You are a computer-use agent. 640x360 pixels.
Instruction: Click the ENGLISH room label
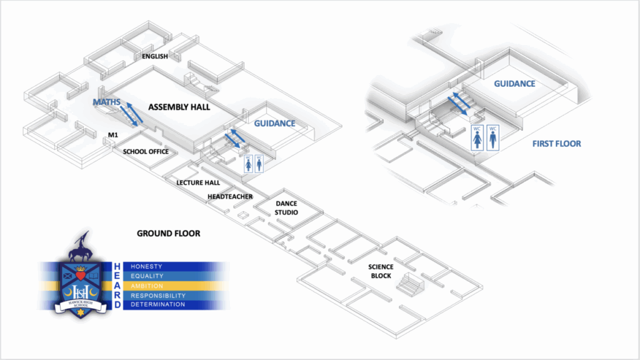point(155,57)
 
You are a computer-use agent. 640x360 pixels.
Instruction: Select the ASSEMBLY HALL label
point(179,107)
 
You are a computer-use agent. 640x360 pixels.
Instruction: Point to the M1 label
point(113,135)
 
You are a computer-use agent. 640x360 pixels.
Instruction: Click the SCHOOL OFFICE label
point(146,151)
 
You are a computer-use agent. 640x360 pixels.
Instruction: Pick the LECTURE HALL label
point(198,182)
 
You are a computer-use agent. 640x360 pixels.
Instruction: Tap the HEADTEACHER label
point(230,197)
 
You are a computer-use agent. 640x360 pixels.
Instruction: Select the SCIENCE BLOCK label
point(381,271)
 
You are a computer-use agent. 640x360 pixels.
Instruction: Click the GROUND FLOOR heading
point(168,234)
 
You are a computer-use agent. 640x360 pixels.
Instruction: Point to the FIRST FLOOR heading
point(556,144)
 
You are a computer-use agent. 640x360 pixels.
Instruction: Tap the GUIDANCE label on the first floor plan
point(514,84)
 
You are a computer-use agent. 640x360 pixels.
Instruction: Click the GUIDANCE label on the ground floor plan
point(274,124)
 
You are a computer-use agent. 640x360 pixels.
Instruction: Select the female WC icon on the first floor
point(477,137)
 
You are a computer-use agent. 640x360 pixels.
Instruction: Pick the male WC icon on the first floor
point(494,137)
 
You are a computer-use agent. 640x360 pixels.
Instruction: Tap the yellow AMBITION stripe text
point(146,286)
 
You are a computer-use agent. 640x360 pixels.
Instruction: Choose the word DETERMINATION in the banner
point(157,304)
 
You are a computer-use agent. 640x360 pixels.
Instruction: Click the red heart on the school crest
point(79,274)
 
